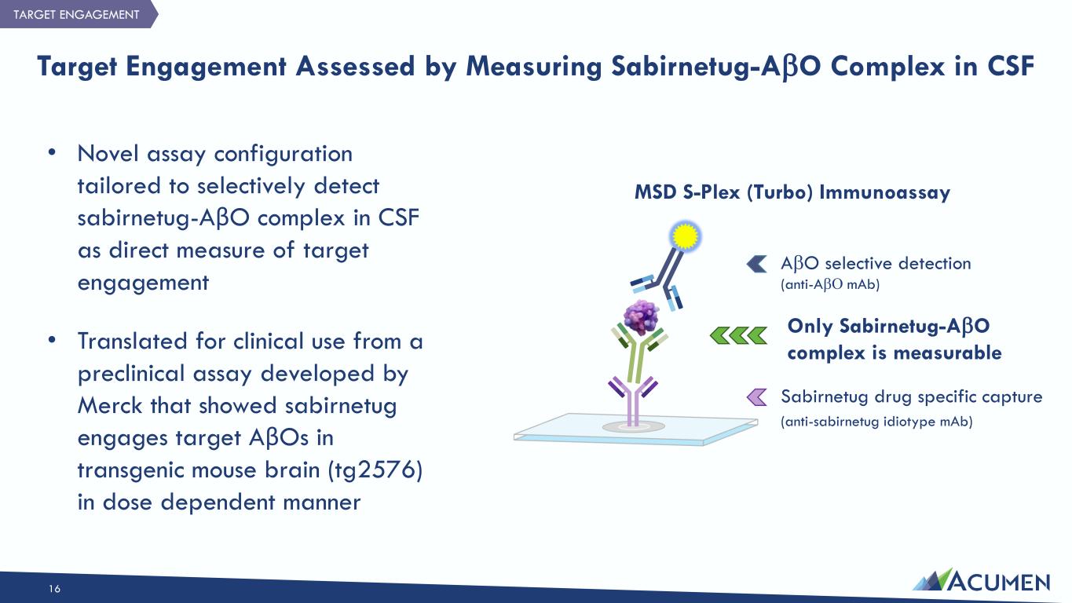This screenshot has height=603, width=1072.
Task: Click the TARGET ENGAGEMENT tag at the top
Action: [75, 14]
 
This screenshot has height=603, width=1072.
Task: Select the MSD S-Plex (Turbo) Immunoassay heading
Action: [792, 192]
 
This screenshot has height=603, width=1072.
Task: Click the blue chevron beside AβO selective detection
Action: [756, 264]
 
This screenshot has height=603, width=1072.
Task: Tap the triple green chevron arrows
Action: [738, 336]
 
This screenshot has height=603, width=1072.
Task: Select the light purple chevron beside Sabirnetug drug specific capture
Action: [756, 397]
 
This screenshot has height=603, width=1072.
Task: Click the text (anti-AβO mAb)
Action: [830, 285]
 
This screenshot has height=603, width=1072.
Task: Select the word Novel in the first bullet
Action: [106, 154]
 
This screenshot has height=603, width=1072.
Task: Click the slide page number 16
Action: [54, 589]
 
